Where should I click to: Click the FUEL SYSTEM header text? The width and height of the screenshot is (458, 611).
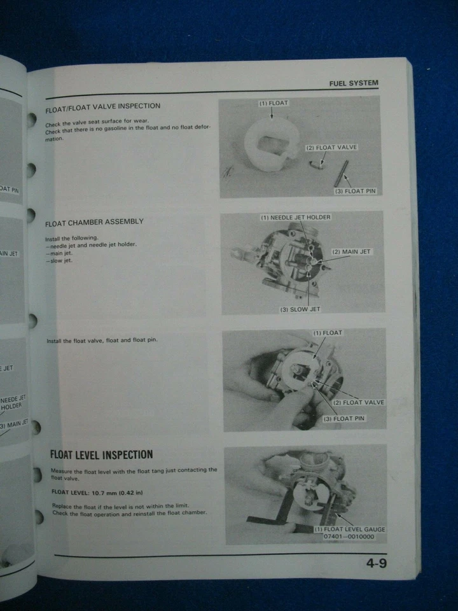click(x=353, y=83)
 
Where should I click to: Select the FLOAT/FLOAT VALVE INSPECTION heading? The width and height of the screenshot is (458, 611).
click(x=103, y=107)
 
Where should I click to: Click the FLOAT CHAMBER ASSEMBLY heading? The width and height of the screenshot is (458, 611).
click(x=94, y=222)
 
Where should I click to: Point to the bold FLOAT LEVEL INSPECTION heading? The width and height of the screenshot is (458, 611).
click(x=101, y=454)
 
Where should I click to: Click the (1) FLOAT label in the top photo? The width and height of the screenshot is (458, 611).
click(x=273, y=102)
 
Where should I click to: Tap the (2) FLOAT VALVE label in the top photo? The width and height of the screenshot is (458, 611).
click(x=331, y=148)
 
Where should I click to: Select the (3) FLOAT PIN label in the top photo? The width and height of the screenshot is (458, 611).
click(x=356, y=191)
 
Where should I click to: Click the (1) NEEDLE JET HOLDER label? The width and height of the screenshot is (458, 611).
click(x=296, y=218)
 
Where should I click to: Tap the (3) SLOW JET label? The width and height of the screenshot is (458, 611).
click(x=300, y=309)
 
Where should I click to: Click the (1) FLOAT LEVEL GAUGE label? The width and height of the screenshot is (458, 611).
click(x=349, y=529)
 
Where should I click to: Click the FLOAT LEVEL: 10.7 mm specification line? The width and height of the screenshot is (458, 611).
click(x=97, y=493)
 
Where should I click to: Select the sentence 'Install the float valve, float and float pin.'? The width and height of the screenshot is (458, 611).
click(x=102, y=341)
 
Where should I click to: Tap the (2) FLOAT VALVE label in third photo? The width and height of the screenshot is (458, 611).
click(x=359, y=402)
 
